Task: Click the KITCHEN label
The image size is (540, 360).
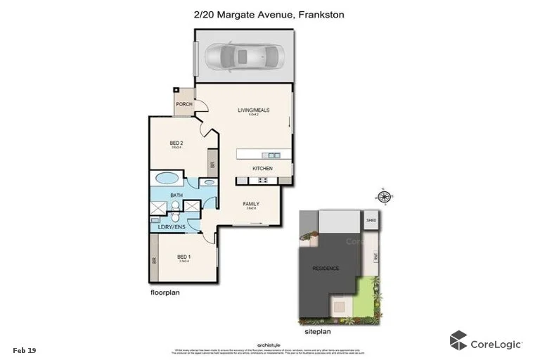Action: [x=263, y=169]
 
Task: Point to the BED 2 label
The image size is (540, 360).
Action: [x=176, y=142]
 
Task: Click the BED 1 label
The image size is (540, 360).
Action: [x=184, y=257]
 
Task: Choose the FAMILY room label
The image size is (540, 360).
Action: [x=252, y=203]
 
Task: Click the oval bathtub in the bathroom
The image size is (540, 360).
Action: [x=167, y=178]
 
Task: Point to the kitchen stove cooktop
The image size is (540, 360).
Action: [x=264, y=181]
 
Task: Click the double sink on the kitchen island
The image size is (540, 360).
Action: [x=273, y=155]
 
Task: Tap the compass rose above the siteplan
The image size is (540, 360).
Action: [x=384, y=196]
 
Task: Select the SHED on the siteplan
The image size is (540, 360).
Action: [x=371, y=220]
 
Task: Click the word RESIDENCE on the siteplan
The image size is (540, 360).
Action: [x=325, y=268]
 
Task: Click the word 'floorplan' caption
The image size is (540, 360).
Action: [x=165, y=291]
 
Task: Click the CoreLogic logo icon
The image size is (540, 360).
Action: [x=458, y=341]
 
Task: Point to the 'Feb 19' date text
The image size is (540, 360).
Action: [x=25, y=349]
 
